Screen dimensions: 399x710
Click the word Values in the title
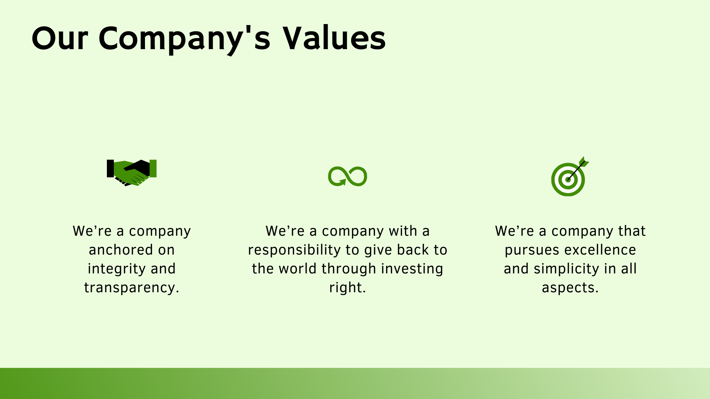pos(334,38)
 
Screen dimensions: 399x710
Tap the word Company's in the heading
pos(184,39)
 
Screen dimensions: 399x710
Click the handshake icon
pos(132,173)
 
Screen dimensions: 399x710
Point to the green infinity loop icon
pos(347,176)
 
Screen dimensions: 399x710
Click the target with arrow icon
pos(569,177)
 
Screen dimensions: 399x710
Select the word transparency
pos(131,288)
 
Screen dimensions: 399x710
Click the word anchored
pos(121,250)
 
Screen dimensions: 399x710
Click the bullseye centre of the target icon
pos(568,180)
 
